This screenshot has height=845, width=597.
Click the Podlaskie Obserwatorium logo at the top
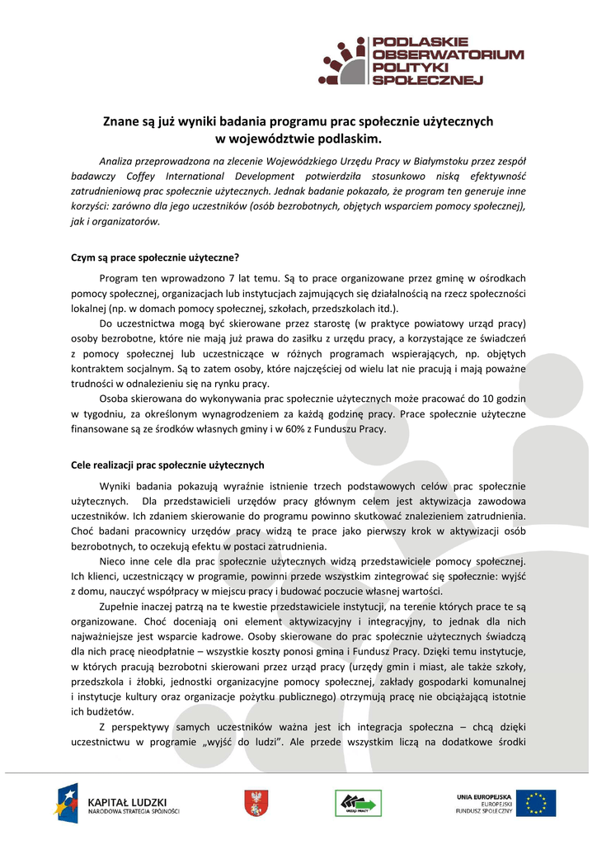(421, 60)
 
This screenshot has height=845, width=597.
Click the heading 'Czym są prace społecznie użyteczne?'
(155, 257)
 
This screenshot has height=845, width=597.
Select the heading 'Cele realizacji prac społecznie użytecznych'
(167, 465)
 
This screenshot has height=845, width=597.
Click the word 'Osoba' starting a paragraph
(114, 399)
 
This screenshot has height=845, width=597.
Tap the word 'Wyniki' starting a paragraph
(115, 486)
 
